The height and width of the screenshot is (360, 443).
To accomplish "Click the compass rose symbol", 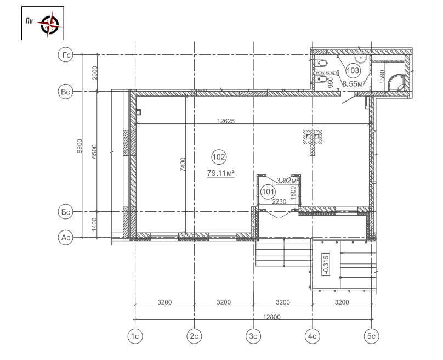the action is coord(50,24).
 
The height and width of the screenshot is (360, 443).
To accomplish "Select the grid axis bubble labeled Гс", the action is coord(66,54).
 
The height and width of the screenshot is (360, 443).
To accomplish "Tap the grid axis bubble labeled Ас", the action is coord(66,238).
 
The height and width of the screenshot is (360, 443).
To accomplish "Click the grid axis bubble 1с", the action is coord(135,336).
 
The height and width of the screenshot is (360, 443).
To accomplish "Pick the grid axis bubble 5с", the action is coord(372,336).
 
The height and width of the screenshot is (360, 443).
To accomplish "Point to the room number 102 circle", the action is coord(219,156).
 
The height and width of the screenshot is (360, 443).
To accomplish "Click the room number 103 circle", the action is coord(353,70).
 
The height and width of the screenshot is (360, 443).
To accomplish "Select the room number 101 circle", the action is coord(268,192).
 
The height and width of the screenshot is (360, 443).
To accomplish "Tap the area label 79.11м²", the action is coord(221,173).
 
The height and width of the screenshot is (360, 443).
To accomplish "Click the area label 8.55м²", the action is coord(354,84).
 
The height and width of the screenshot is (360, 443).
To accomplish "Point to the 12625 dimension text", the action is coord(226,121).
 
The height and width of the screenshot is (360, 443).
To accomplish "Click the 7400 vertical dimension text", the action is coord(183,164).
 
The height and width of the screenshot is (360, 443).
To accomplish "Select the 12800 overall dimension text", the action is coord(272,317).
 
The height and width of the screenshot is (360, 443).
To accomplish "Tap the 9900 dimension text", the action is coord(79,146).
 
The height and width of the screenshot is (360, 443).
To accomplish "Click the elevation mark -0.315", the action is coord(326,265).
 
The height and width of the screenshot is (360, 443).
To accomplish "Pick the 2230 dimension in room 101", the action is coord(279,201).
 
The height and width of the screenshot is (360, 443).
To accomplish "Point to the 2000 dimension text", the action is coord(95,73).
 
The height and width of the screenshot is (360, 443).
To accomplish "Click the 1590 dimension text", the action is coord(382,76).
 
